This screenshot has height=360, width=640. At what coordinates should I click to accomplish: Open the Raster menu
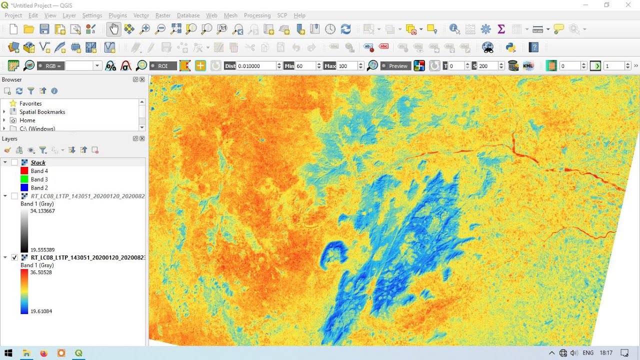click(162, 15)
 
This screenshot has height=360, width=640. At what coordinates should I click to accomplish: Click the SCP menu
click(281, 15)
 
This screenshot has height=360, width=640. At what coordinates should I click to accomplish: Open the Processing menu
click(257, 15)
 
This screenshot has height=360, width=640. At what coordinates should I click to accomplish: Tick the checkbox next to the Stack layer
click(14, 162)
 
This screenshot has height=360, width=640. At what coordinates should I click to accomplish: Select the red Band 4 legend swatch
click(24, 171)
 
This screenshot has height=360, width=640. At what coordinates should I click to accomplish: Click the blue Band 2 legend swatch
click(24, 188)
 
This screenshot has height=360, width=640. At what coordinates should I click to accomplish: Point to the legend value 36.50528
click(41, 272)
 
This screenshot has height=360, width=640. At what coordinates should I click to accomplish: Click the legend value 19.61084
click(41, 311)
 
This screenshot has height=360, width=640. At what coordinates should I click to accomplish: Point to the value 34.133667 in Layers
click(42, 211)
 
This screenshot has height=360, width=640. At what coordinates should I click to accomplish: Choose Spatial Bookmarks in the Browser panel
click(42, 112)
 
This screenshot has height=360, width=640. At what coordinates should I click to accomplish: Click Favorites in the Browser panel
click(30, 103)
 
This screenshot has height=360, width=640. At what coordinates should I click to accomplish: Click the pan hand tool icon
click(113, 29)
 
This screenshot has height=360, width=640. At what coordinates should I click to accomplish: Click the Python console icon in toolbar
click(510, 47)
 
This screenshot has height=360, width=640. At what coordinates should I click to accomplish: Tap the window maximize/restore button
click(606, 5)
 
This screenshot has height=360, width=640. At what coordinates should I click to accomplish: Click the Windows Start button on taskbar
click(8, 353)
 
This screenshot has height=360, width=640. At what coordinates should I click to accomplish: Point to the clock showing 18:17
click(606, 353)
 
